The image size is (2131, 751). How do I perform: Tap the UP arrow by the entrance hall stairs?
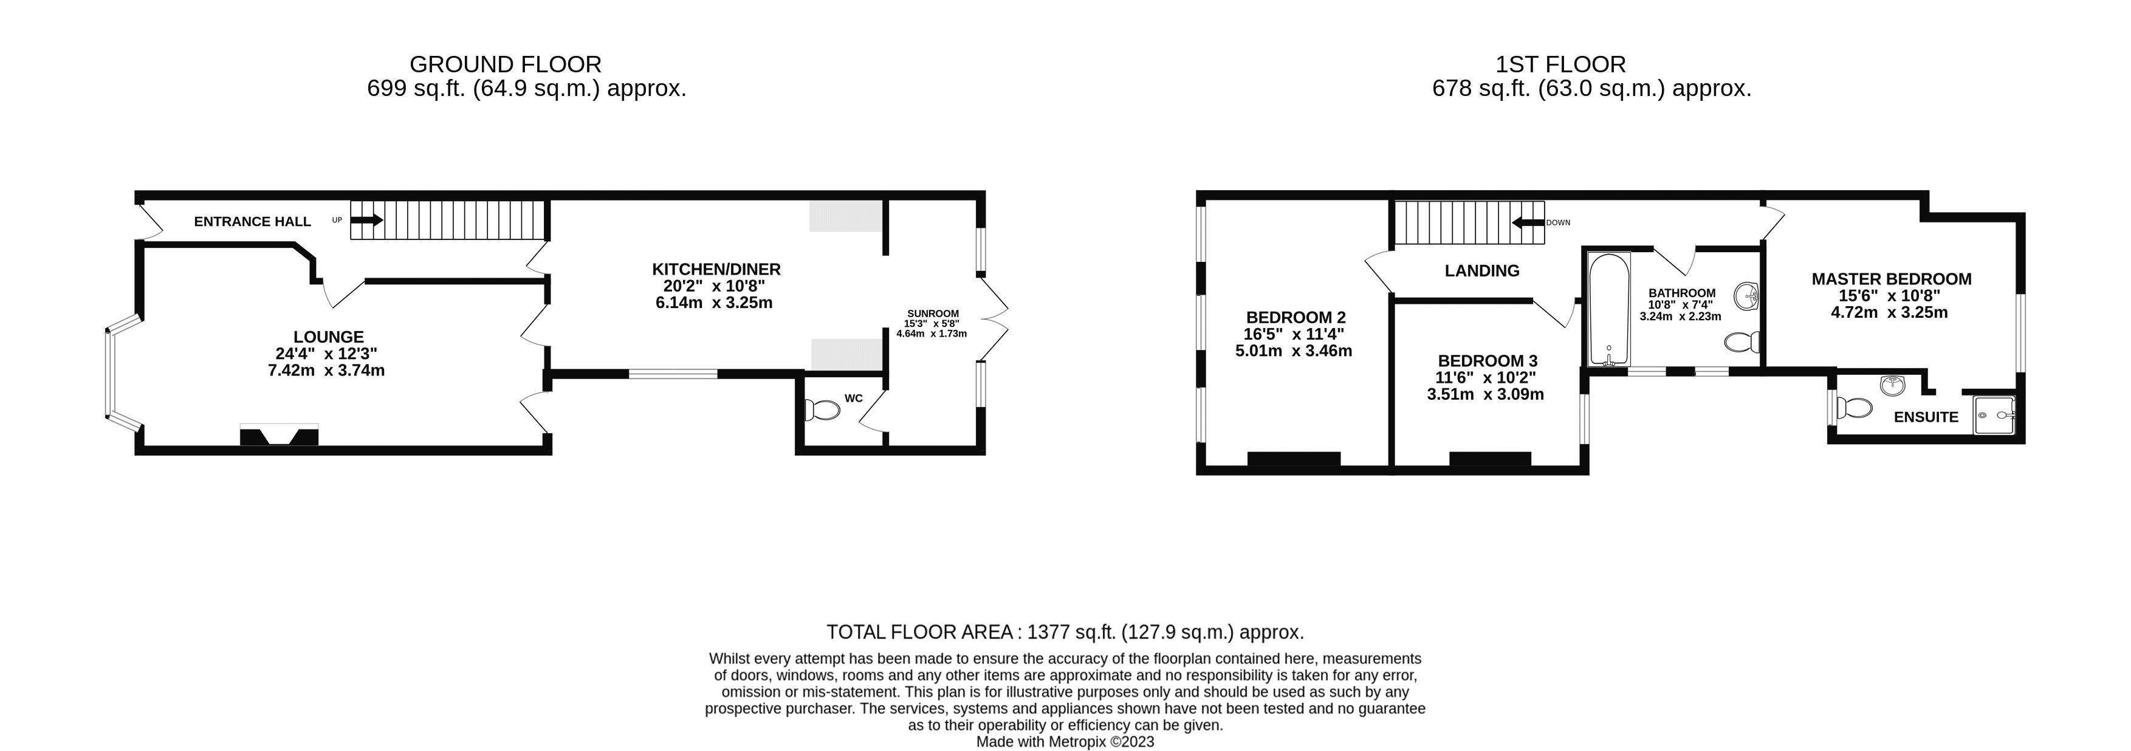click(366, 220)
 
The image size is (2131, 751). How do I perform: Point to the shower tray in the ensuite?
click(1994, 414)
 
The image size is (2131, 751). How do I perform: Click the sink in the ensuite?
click(1893, 385)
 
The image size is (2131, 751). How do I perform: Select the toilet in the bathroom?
click(1743, 341)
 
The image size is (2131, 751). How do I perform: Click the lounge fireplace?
click(279, 435)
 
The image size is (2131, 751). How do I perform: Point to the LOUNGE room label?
click(328, 337)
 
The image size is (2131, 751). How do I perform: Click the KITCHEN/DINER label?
click(716, 269)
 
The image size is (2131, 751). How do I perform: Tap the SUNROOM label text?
click(932, 314)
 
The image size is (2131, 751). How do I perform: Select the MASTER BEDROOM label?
click(1891, 279)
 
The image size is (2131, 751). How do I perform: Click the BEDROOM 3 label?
click(1486, 360)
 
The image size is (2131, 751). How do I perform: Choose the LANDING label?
click(1481, 270)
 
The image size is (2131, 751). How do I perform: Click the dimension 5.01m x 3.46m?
click(1293, 351)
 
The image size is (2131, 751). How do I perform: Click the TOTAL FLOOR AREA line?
click(1065, 632)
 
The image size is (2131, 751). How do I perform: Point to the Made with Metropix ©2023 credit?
click(1065, 742)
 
